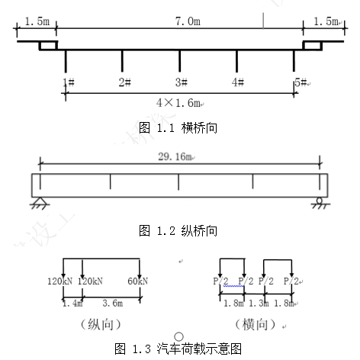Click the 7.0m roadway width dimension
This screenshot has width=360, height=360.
click(x=188, y=21)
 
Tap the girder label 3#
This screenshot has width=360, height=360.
click(x=182, y=82)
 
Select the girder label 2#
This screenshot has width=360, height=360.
click(x=124, y=82)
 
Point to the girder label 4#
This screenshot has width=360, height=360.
click(x=238, y=82)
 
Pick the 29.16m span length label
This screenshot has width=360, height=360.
click(x=176, y=156)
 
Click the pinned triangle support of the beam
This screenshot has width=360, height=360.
click(x=40, y=203)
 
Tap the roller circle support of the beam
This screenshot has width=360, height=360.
click(x=320, y=201)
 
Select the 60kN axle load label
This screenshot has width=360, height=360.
click(x=137, y=281)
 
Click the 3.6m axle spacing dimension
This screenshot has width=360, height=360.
click(x=113, y=303)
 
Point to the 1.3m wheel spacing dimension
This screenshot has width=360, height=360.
click(x=259, y=303)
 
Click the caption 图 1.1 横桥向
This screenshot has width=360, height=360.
click(x=178, y=127)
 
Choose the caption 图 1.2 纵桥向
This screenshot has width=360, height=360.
click(x=178, y=231)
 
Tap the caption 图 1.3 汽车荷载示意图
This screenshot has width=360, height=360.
click(x=178, y=349)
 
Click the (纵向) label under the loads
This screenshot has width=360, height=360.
click(x=101, y=325)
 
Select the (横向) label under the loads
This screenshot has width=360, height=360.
click(x=255, y=325)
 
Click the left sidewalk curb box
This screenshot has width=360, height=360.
click(x=48, y=45)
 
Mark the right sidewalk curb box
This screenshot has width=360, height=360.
click(x=312, y=45)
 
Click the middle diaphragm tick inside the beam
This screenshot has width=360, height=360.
click(x=178, y=182)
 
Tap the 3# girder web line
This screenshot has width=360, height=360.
click(x=179, y=61)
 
